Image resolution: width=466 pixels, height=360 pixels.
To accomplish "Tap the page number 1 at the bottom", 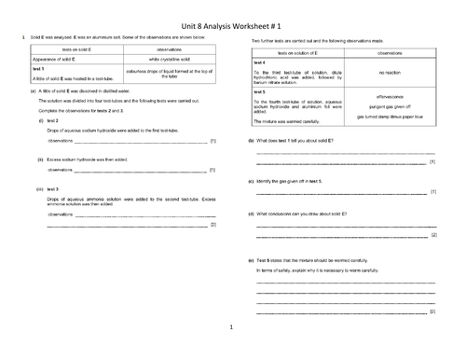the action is (232, 327).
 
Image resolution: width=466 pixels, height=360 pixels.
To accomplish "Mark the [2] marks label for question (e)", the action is (432, 311).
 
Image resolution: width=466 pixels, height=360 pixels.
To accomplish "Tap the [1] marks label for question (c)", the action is (432, 192).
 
